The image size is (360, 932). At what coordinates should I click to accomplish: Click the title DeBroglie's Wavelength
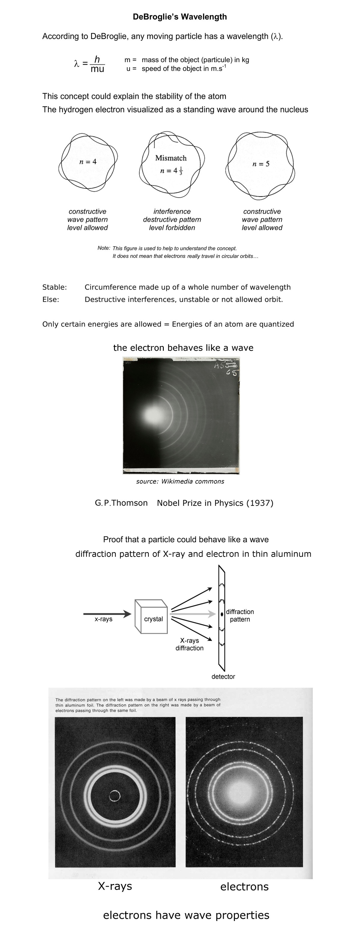[180, 17]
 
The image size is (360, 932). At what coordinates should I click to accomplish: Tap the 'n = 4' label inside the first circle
[88, 162]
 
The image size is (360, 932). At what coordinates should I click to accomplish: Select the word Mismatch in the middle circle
[171, 158]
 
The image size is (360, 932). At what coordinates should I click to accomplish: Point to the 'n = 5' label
[261, 164]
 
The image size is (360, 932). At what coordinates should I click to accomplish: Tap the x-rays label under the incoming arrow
[103, 619]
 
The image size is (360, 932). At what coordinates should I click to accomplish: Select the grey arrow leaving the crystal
[193, 614]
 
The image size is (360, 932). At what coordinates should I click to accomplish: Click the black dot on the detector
[222, 614]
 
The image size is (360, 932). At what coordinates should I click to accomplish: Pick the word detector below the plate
[223, 677]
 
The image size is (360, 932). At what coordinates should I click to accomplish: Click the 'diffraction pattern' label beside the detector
[240, 615]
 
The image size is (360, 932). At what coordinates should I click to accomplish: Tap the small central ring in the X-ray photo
[115, 796]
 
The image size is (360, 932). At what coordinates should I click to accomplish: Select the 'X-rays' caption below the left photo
[115, 886]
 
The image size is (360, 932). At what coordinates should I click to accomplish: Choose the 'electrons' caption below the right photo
[244, 887]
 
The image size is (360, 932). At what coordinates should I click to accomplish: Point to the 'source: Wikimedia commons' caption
[180, 482]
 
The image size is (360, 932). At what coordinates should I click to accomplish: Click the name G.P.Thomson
[121, 503]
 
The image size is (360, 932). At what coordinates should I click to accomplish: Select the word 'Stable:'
[55, 287]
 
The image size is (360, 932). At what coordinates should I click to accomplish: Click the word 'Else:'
[51, 299]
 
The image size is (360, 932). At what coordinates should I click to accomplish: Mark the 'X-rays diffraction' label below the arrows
[190, 644]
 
